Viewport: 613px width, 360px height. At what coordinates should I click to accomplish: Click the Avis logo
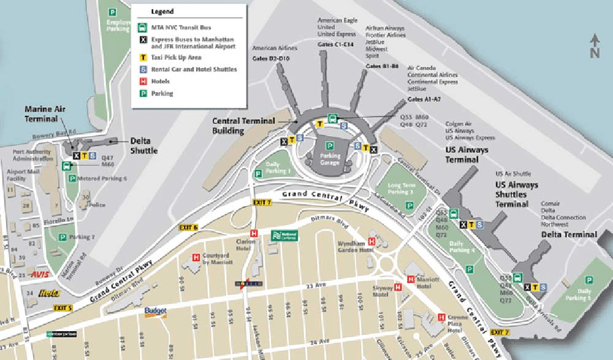[39, 274]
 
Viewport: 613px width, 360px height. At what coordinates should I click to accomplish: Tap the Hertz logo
[48, 293]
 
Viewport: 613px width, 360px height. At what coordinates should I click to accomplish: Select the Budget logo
[156, 312]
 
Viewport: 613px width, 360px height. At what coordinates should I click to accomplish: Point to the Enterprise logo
[62, 334]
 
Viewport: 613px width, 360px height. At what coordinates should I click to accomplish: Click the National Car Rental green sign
[284, 235]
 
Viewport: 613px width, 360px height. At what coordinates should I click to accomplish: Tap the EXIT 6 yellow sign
[188, 228]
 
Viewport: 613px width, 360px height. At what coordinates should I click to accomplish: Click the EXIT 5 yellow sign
[63, 308]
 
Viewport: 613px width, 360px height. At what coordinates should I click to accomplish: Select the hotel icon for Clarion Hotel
[253, 233]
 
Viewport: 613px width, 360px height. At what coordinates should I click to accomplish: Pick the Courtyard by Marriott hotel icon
[196, 258]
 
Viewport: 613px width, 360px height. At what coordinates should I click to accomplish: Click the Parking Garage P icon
[330, 146]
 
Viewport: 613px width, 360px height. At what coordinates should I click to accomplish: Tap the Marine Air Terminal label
[45, 113]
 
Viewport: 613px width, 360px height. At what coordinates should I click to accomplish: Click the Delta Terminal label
[569, 234]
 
